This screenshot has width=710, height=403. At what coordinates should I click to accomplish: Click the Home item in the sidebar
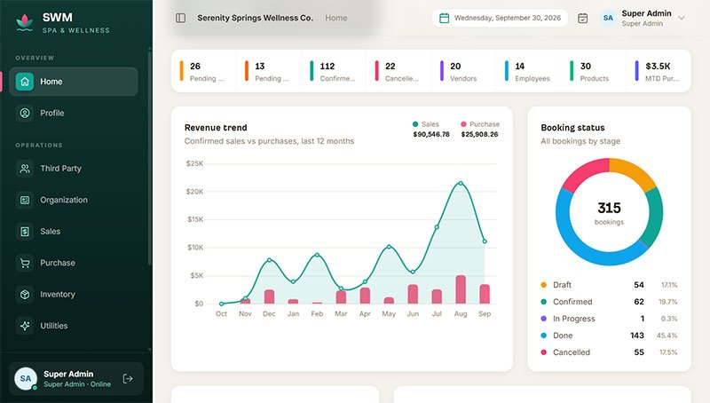[x=74, y=82]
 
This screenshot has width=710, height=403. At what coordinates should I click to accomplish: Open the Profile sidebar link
[x=51, y=113]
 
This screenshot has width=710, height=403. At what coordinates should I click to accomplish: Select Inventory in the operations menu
[x=57, y=295]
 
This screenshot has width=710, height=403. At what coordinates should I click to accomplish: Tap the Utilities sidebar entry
[x=53, y=326]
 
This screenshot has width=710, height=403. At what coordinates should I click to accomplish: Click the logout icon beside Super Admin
[x=128, y=378]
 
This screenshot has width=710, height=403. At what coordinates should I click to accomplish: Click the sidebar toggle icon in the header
[x=181, y=18]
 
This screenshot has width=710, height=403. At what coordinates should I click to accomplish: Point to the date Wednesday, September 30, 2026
[x=507, y=18]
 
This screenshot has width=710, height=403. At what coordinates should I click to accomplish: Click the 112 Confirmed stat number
[x=327, y=66]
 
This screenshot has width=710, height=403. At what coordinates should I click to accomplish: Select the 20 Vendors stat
[x=463, y=72]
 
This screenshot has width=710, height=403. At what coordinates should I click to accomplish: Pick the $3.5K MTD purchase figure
[x=658, y=66]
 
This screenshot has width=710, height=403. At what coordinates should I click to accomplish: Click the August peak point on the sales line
[x=461, y=183]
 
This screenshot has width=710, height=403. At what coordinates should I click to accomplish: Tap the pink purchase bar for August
[x=461, y=289]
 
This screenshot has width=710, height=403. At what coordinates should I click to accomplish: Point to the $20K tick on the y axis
[x=194, y=192]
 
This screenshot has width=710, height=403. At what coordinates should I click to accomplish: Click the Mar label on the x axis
[x=341, y=314]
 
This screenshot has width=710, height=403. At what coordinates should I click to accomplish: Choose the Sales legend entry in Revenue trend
[x=426, y=124]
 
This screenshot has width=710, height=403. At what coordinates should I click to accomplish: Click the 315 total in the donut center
[x=609, y=208]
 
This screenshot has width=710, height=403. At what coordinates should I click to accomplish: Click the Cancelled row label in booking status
[x=572, y=352]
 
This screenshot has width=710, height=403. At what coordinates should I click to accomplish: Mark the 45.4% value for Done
[x=667, y=336]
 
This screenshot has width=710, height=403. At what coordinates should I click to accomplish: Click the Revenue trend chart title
[x=216, y=128]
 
